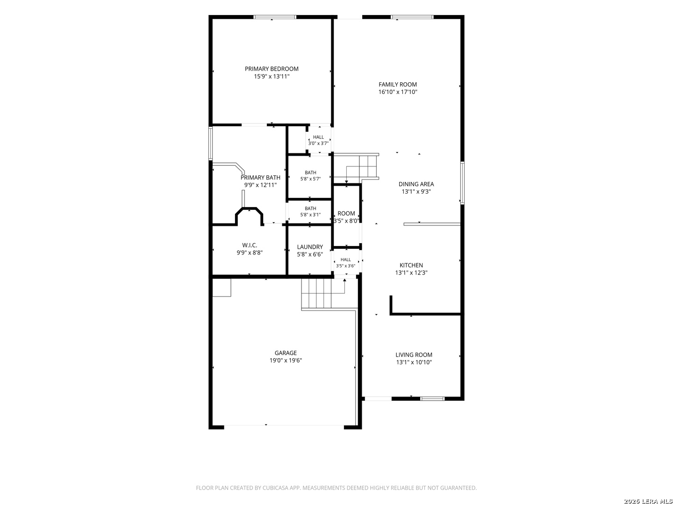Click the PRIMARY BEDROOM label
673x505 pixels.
coord(272,69)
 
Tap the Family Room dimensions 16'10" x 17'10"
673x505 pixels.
coord(398,92)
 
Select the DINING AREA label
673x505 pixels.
coord(416,184)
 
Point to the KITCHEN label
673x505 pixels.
coord(411,265)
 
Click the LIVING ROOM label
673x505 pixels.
coord(414,355)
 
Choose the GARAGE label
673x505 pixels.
coord(286,353)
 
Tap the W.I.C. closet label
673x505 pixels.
coord(250,245)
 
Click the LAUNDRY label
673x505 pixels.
coord(310,247)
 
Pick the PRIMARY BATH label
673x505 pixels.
coord(260,178)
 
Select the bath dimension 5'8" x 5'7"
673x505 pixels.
coord(310,179)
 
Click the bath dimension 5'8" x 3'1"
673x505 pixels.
coord(310,215)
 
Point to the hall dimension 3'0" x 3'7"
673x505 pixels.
coord(318,143)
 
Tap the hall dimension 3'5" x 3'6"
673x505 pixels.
coord(345,266)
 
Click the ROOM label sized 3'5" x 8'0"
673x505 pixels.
coord(346,213)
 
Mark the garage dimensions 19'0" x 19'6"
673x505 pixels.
coord(286,361)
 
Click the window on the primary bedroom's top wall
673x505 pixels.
coord(275,17)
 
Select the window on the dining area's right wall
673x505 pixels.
coord(462,183)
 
